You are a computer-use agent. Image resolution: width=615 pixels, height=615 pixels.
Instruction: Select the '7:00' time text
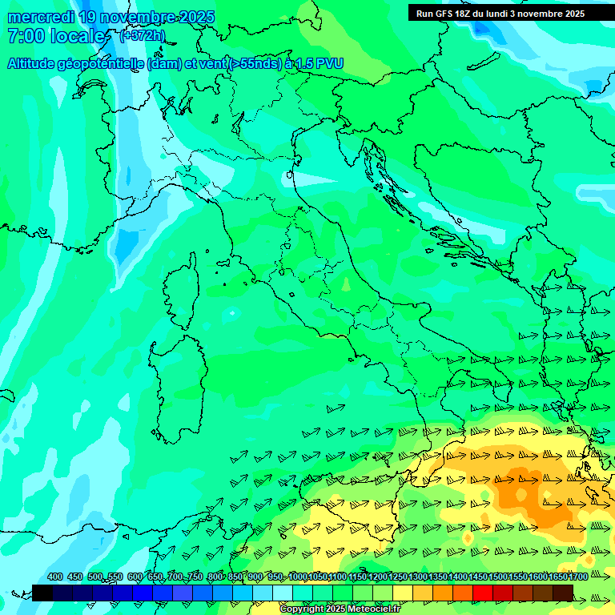24,36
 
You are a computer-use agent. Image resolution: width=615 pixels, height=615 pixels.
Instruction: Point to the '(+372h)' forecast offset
142,36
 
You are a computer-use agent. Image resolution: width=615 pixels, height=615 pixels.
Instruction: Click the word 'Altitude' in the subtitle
35,63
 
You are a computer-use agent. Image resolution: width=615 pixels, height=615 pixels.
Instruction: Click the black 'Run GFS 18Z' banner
500,13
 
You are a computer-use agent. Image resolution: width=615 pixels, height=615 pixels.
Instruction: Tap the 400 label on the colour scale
55,577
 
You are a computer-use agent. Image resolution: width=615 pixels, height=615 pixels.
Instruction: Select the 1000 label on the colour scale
297,577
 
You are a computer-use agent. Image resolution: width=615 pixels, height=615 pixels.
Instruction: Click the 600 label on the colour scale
135,577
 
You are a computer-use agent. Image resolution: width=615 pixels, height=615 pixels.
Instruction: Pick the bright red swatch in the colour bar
483,593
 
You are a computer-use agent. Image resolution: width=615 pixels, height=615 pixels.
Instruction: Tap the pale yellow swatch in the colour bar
403,593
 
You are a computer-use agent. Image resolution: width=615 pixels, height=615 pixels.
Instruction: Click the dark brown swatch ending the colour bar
563,593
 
